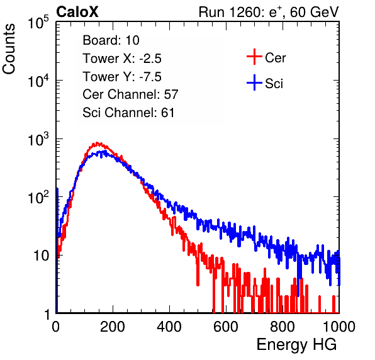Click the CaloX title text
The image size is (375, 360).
(77, 12)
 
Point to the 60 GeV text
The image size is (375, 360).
(314, 12)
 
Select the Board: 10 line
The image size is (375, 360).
(111, 40)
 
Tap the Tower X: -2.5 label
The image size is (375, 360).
(122, 59)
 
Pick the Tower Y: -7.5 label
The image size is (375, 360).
(122, 77)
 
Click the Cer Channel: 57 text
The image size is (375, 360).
(130, 94)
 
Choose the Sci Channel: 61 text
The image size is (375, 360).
(128, 113)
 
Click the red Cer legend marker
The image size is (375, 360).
(254, 57)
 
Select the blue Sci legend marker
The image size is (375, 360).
(254, 83)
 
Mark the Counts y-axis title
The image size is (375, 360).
(9, 49)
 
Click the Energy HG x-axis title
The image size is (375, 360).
(296, 345)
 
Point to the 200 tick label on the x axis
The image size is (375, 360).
(113, 327)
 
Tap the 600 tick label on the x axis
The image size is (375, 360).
(226, 327)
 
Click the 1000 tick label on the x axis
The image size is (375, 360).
(339, 327)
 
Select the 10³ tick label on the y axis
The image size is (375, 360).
(38, 139)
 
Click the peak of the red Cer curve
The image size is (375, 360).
(97, 143)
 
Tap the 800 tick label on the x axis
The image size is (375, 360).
(283, 327)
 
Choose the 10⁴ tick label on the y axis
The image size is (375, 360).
(38, 81)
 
